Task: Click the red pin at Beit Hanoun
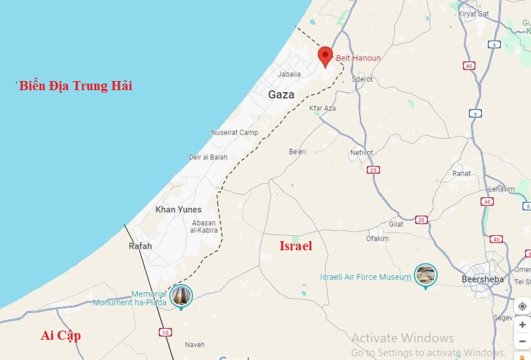(x=325, y=56)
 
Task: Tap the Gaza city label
(x=281, y=95)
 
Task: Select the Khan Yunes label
(x=178, y=210)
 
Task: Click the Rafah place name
(x=141, y=246)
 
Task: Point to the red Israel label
(x=296, y=246)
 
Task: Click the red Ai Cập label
(x=61, y=335)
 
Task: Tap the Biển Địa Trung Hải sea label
(x=75, y=86)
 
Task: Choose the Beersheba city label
(x=483, y=279)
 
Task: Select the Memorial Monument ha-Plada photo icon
(x=181, y=296)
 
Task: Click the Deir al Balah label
(x=209, y=157)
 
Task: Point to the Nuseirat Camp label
(x=234, y=133)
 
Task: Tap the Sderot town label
(x=362, y=79)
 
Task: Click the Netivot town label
(x=362, y=153)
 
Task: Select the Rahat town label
(x=462, y=174)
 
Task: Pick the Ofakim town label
(x=377, y=238)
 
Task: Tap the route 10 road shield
(x=165, y=333)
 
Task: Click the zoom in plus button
(x=522, y=325)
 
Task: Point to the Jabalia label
(x=290, y=74)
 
